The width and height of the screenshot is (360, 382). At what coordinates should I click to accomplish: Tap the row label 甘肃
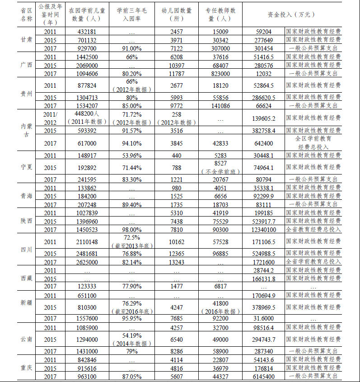click(x=26, y=40)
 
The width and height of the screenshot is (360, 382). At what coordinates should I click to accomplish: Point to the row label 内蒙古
click(x=26, y=131)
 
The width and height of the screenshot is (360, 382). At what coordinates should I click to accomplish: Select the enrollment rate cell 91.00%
click(x=131, y=48)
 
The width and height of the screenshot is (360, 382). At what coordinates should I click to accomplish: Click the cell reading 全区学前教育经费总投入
click(x=313, y=143)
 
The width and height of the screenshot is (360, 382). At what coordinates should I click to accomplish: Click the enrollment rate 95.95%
click(x=131, y=318)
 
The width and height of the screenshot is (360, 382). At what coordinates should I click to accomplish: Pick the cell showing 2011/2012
click(x=50, y=118)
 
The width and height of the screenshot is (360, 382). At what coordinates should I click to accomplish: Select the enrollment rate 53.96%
click(x=131, y=156)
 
